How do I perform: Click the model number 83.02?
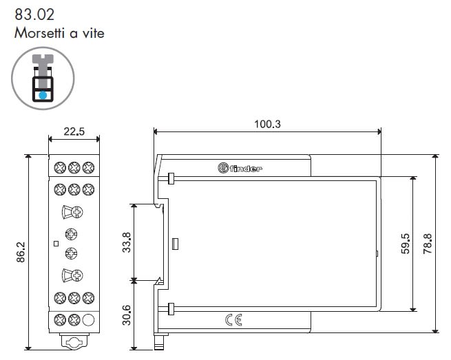(34, 14)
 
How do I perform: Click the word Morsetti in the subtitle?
(39, 33)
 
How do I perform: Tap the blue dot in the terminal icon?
(43, 95)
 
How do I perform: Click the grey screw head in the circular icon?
(43, 59)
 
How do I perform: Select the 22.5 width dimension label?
(74, 131)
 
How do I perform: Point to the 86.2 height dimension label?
(21, 252)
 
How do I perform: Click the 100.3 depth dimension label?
(267, 124)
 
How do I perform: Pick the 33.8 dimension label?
(126, 242)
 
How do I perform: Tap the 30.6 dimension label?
(126, 315)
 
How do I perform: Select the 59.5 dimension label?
(405, 244)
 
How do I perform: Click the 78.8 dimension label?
(428, 244)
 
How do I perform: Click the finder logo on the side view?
(240, 168)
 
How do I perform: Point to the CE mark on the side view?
(233, 320)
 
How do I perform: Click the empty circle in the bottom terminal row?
(88, 320)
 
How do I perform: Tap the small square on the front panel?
(56, 244)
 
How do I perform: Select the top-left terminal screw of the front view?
(60, 168)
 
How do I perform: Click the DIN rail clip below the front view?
(74, 341)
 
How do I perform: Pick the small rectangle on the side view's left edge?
(175, 244)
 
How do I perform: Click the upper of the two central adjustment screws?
(71, 234)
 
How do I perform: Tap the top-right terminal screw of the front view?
(88, 168)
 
